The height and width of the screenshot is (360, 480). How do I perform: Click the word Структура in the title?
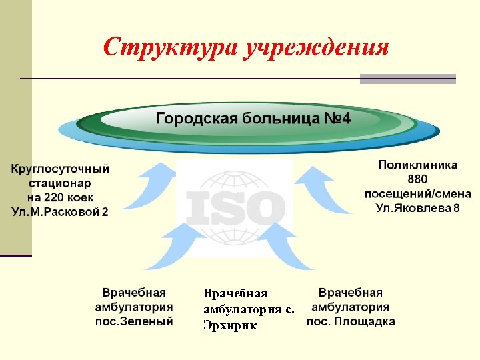[171, 47]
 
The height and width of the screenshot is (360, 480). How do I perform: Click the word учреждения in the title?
[316, 47]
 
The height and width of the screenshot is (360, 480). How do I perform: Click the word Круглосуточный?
[60, 169]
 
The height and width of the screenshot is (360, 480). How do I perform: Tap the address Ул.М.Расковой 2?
[60, 212]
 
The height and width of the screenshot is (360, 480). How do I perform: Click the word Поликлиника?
[418, 164]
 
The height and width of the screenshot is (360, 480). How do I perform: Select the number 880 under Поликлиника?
[418, 179]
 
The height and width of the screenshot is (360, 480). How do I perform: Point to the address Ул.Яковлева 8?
[417, 209]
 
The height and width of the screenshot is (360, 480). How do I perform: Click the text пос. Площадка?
[351, 321]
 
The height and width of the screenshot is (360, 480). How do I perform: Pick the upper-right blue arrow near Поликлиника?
[318, 190]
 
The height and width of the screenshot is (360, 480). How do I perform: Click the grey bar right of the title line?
[407, 79]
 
